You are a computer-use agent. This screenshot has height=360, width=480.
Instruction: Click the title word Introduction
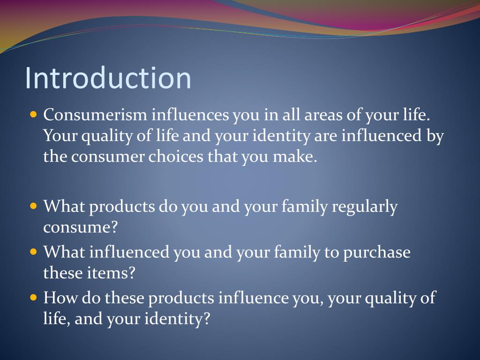[108, 78]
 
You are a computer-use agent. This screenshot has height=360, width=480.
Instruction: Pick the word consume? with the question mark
[80, 227]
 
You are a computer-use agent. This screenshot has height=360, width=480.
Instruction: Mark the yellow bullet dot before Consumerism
[33, 114]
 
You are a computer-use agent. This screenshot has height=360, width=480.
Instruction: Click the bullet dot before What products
[33, 206]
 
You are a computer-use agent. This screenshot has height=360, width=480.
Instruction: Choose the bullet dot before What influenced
[33, 252]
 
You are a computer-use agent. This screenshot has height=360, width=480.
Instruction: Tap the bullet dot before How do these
[33, 297]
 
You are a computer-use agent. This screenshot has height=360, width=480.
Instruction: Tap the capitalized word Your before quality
[60, 136]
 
